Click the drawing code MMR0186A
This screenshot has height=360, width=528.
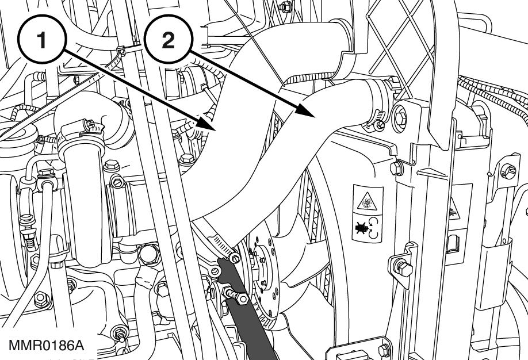47,346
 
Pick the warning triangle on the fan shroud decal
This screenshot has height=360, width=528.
364,201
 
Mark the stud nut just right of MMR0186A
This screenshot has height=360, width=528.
121,333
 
